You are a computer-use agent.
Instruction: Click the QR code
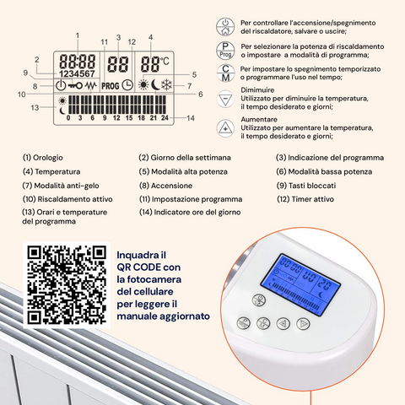coord(63,284)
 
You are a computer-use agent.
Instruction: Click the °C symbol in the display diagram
coord(164,61)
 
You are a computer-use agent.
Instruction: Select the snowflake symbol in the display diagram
coord(165,85)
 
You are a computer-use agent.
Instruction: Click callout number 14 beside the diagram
coord(191,118)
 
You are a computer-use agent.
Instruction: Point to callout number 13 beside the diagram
coord(35,107)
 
